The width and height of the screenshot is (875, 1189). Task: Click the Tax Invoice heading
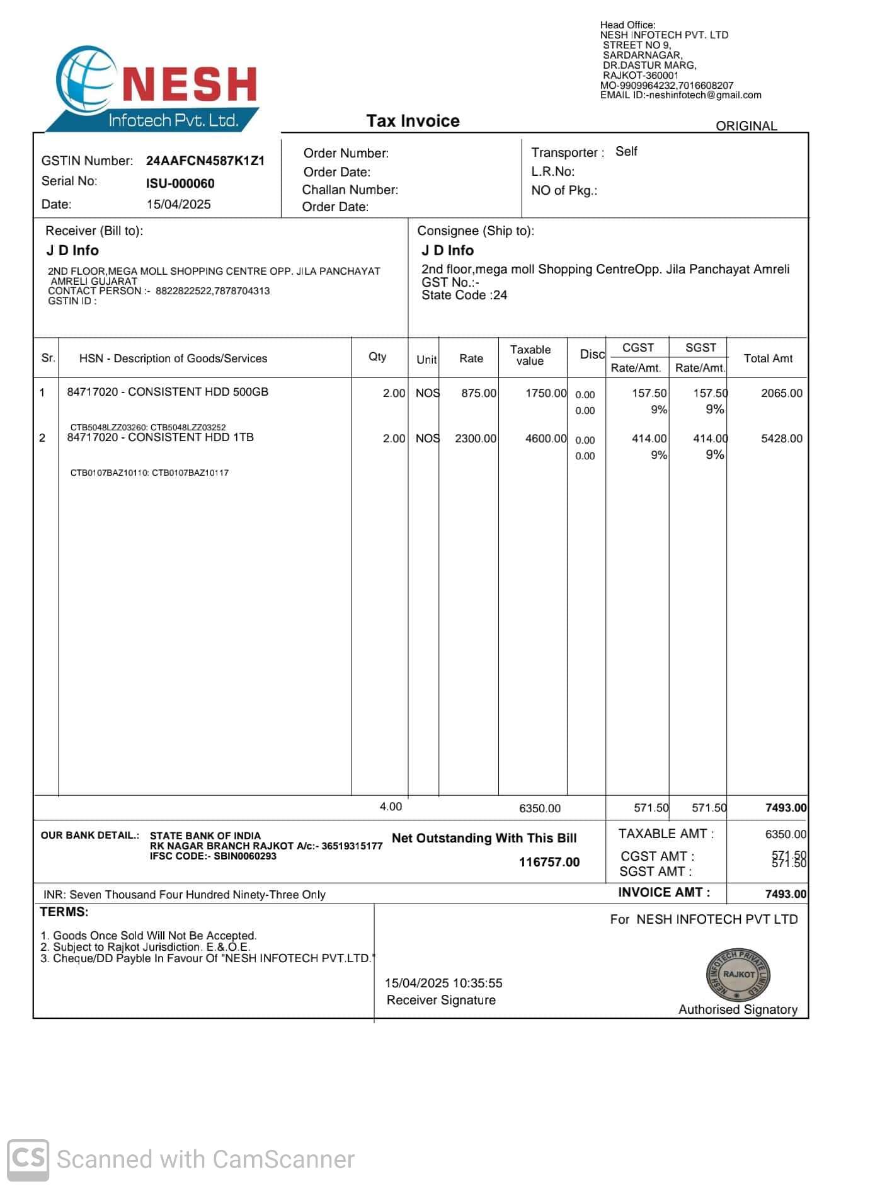(413, 121)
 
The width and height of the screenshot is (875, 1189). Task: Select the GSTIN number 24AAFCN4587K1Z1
(205, 161)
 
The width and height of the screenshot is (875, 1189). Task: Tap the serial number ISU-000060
(180, 183)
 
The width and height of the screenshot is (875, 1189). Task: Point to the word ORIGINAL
(746, 126)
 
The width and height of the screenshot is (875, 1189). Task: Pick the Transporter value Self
(626, 151)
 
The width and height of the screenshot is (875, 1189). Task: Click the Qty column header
(377, 357)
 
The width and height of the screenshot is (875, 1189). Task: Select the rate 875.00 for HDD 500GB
(479, 393)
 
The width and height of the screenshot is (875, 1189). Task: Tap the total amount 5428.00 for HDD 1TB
(781, 439)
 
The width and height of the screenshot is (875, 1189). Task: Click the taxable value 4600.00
(546, 439)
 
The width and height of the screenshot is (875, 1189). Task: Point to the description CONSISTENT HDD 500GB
(198, 392)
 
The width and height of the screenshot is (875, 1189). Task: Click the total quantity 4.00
(391, 807)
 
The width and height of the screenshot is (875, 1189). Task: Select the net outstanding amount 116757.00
(549, 862)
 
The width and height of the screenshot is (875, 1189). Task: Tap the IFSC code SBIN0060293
(244, 856)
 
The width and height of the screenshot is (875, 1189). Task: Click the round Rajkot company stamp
(738, 975)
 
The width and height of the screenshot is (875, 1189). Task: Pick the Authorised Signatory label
(738, 1009)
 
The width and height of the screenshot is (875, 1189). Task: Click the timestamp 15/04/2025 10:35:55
(443, 983)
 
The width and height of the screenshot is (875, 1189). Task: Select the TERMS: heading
(64, 912)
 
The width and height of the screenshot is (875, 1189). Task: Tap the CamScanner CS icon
(28, 1159)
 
